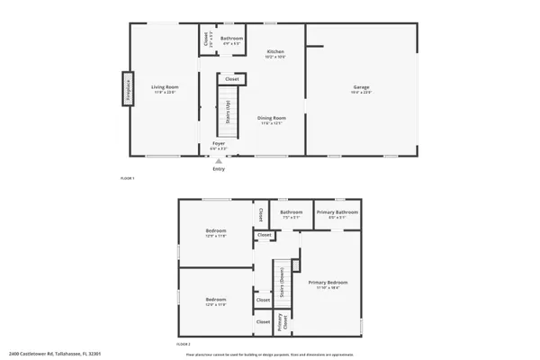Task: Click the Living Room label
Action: point(163,86)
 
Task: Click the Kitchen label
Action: point(275,53)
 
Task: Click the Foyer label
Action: point(219,144)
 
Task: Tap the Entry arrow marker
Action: point(219,161)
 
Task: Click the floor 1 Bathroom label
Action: point(232,39)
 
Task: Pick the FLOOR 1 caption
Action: point(127,178)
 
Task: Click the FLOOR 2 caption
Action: point(184,345)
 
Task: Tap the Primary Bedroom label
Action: point(328,283)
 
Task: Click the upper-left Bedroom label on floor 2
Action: point(215,232)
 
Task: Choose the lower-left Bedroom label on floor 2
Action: point(215,301)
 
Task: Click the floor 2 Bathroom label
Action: point(291,213)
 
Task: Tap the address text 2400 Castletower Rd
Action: point(44,354)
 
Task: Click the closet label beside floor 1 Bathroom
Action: point(206,39)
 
